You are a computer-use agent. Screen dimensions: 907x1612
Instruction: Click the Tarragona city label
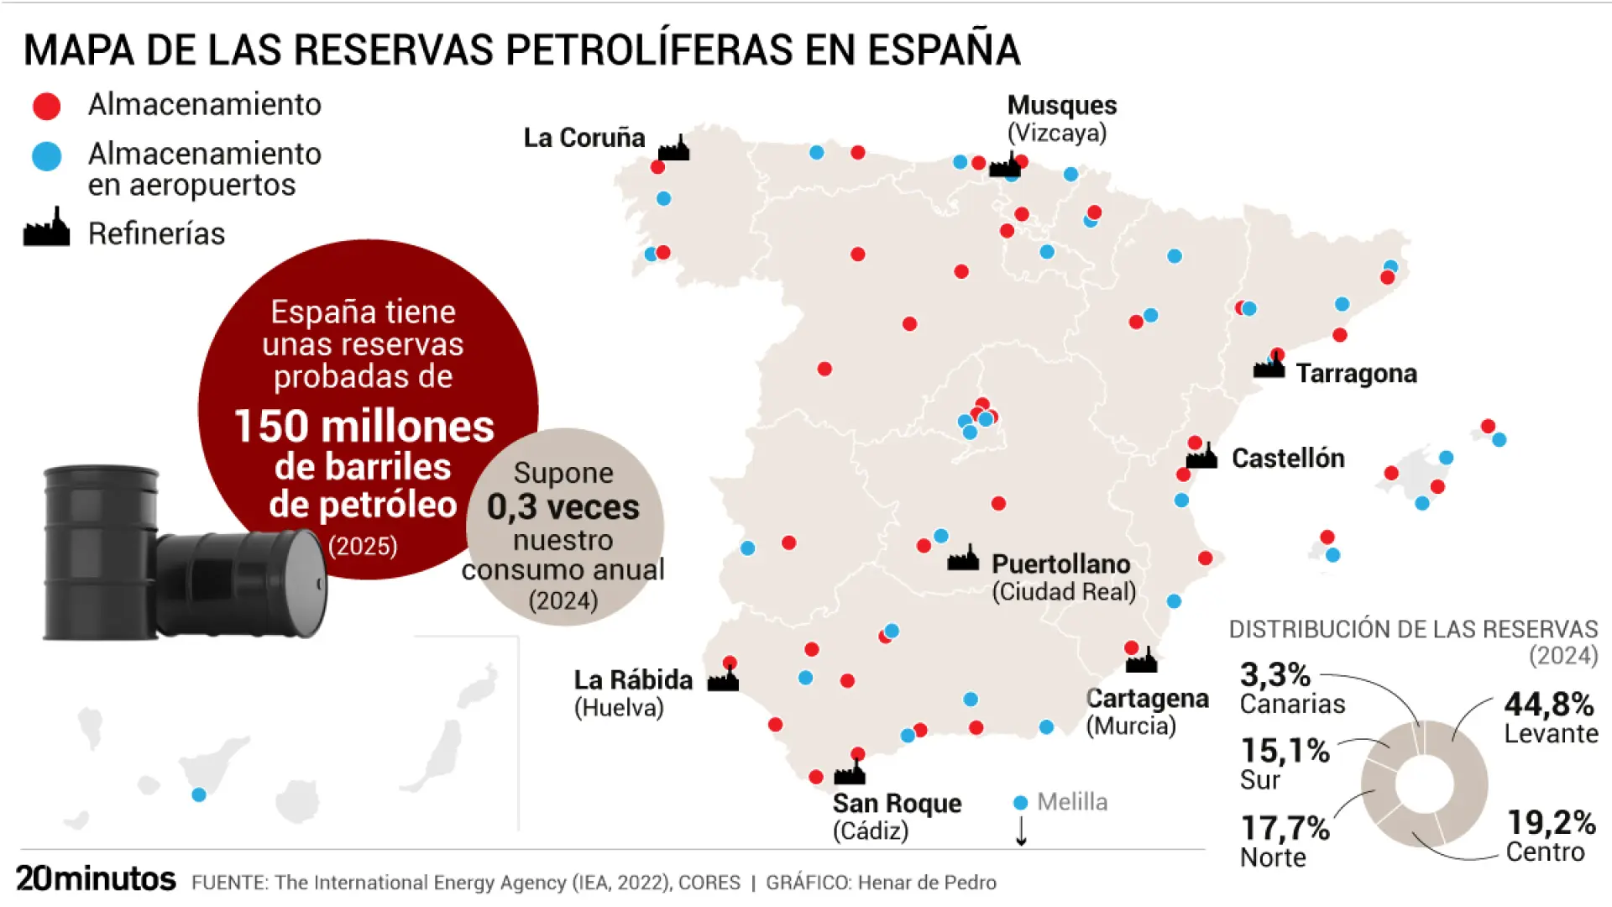point(1356,373)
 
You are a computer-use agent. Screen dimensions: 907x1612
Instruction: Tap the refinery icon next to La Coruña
point(673,149)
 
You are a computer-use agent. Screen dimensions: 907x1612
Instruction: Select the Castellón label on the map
point(1288,458)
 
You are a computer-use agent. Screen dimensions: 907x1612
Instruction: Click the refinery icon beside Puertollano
point(963,558)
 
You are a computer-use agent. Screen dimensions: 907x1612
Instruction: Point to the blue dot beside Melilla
point(1020,803)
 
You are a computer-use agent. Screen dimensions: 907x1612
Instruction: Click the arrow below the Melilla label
point(1021,831)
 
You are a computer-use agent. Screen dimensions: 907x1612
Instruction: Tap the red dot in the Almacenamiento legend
point(46,106)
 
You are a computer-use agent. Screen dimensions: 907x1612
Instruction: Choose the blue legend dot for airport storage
point(46,156)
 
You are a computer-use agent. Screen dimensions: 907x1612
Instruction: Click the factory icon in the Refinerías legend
point(46,228)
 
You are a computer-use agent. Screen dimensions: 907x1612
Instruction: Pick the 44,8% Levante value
point(1549,704)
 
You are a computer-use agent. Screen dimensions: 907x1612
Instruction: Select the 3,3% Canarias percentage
point(1274,674)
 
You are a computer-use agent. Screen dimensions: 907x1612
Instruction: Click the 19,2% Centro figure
point(1551,822)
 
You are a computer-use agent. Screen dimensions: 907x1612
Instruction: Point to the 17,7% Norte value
point(1285,828)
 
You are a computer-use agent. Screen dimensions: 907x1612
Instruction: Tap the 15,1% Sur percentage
point(1285,750)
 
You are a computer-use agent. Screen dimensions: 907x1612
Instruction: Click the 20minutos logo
point(96,878)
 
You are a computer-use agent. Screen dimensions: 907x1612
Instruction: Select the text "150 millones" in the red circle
point(364,426)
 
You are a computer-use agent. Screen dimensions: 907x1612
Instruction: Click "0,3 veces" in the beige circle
point(563,507)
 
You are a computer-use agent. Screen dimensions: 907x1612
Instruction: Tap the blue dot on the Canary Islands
point(199,794)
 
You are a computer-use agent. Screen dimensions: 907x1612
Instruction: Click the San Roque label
point(897,804)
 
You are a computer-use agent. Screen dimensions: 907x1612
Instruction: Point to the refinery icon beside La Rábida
point(723,679)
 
